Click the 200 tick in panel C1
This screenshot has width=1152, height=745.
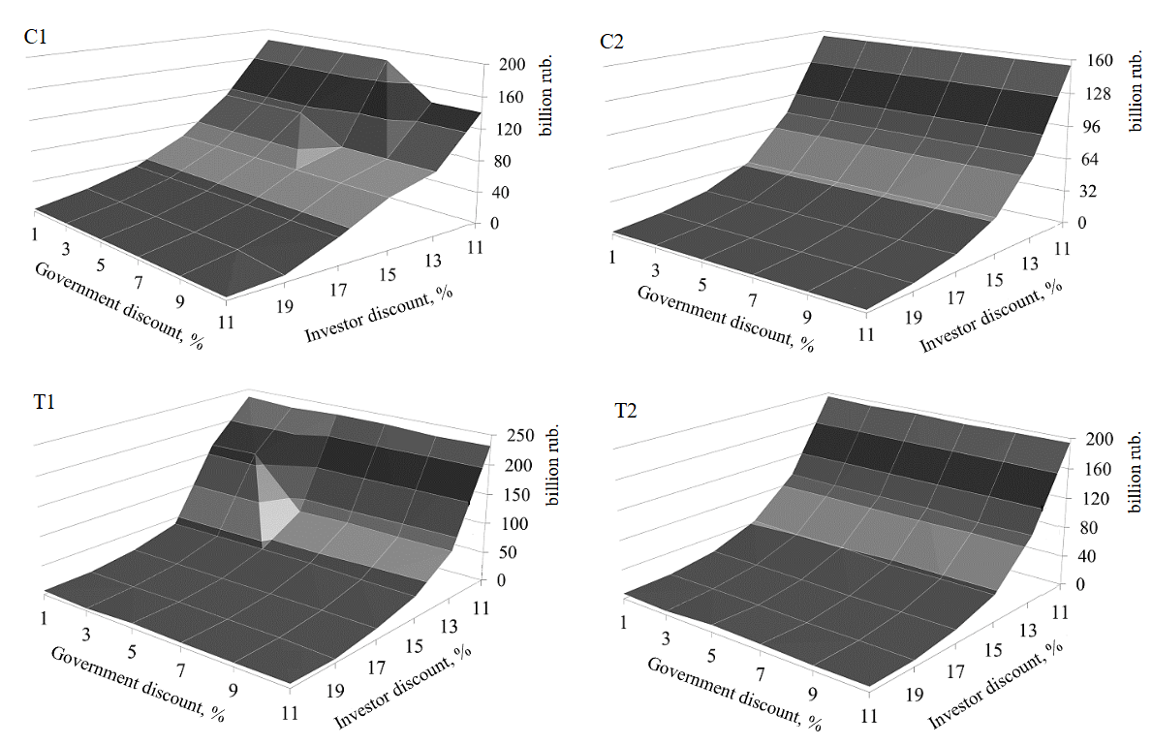pyautogui.click(x=512, y=65)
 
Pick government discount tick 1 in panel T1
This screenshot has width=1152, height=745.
pyautogui.click(x=46, y=617)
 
